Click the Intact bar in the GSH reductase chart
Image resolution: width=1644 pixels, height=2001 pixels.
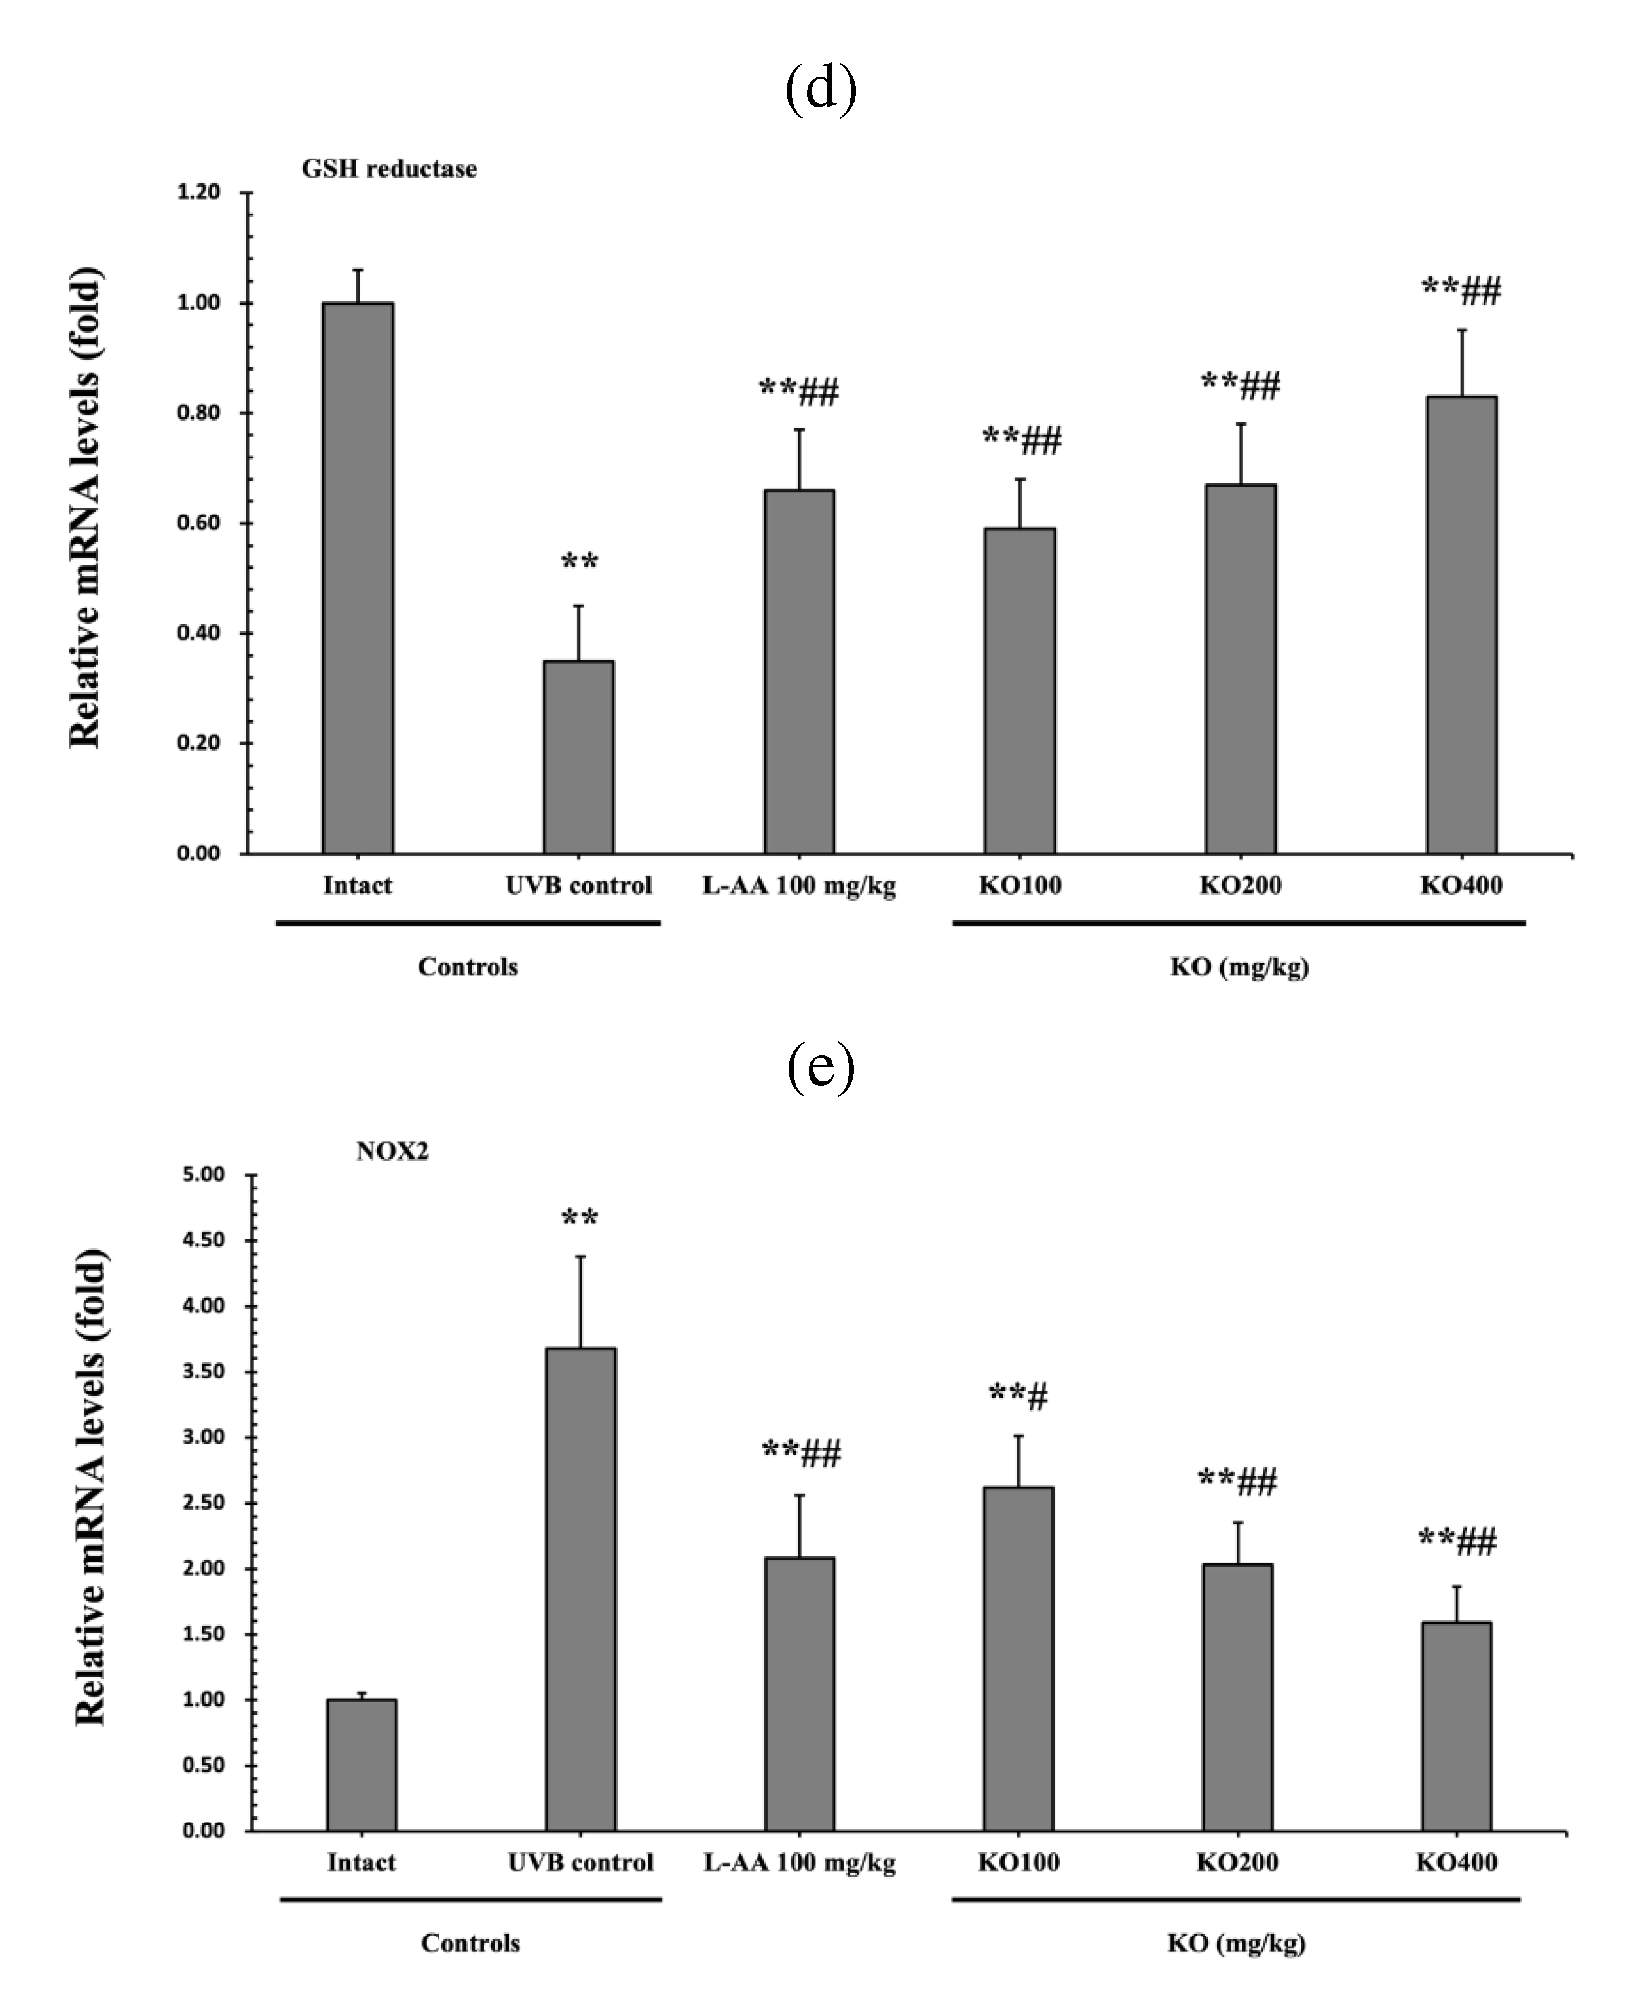coord(358,578)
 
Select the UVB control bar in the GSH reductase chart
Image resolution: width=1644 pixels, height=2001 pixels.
coord(578,758)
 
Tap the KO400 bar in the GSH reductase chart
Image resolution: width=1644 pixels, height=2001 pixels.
coord(1461,625)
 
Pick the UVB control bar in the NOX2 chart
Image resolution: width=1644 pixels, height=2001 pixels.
coord(580,1590)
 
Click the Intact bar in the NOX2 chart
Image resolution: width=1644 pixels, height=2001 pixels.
coord(362,1765)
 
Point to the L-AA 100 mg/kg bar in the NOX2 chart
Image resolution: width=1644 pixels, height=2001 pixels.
coord(799,1694)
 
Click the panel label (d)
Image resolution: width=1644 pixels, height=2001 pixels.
coord(821,88)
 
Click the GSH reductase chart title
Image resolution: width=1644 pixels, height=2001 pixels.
coord(389,168)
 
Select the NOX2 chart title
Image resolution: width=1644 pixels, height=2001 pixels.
coord(392,1151)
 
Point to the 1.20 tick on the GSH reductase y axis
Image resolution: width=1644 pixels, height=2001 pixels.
coord(199,192)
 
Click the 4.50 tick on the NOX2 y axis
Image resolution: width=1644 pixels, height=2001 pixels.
coord(204,1240)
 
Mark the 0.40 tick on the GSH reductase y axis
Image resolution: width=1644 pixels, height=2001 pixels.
coord(199,633)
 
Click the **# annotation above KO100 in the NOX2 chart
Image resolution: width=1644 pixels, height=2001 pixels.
coord(1018,1395)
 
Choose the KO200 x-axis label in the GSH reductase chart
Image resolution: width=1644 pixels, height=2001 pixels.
coord(1241,886)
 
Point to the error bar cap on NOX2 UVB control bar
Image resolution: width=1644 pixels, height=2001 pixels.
coord(580,1257)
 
